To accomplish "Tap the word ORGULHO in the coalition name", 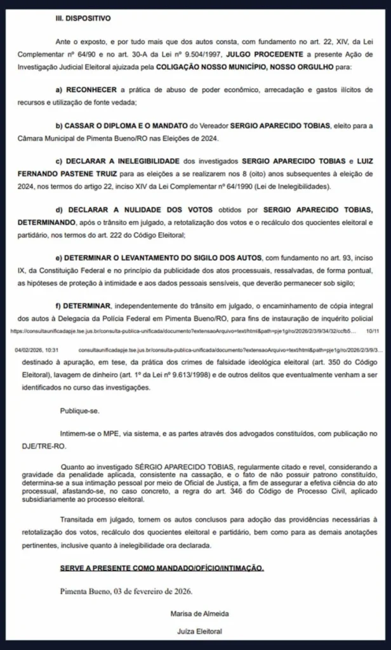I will [338, 65].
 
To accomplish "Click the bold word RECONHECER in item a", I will [95, 90].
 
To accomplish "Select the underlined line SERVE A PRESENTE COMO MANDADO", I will [162, 566].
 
